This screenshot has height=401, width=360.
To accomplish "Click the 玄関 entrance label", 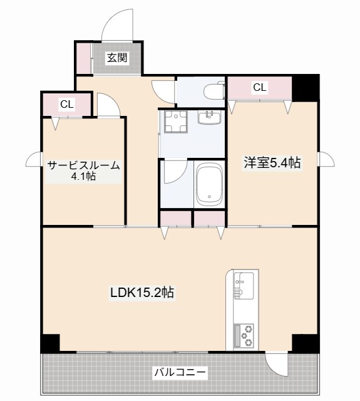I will [x=117, y=58].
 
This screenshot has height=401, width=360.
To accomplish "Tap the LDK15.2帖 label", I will [x=142, y=292].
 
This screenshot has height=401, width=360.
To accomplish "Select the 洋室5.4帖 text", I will [x=272, y=164].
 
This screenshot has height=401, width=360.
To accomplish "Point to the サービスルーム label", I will [x=83, y=165].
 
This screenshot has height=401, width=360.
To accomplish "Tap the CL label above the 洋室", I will [x=260, y=88].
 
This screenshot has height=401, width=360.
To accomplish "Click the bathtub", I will [x=209, y=185].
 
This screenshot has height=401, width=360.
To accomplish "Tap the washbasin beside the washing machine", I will [x=210, y=117].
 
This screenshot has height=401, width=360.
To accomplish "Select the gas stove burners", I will [x=244, y=335].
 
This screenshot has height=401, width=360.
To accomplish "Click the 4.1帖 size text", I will [x=83, y=177].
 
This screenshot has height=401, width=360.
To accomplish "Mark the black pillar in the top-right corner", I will [x=307, y=86].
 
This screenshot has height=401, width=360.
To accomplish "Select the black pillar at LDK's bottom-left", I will [x=51, y=343].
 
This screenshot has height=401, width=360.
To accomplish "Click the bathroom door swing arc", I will [x=173, y=171].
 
